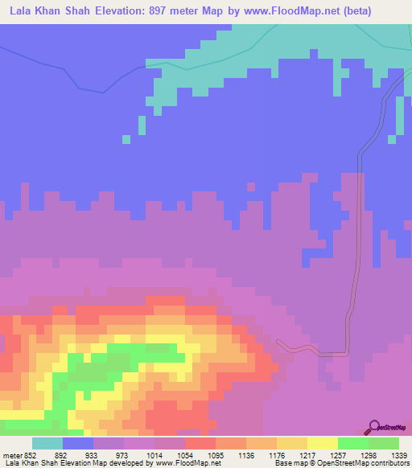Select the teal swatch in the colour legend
point(47,443)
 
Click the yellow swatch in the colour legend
point(322,443)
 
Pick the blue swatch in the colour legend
point(78,443)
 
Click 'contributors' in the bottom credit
point(389,463)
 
